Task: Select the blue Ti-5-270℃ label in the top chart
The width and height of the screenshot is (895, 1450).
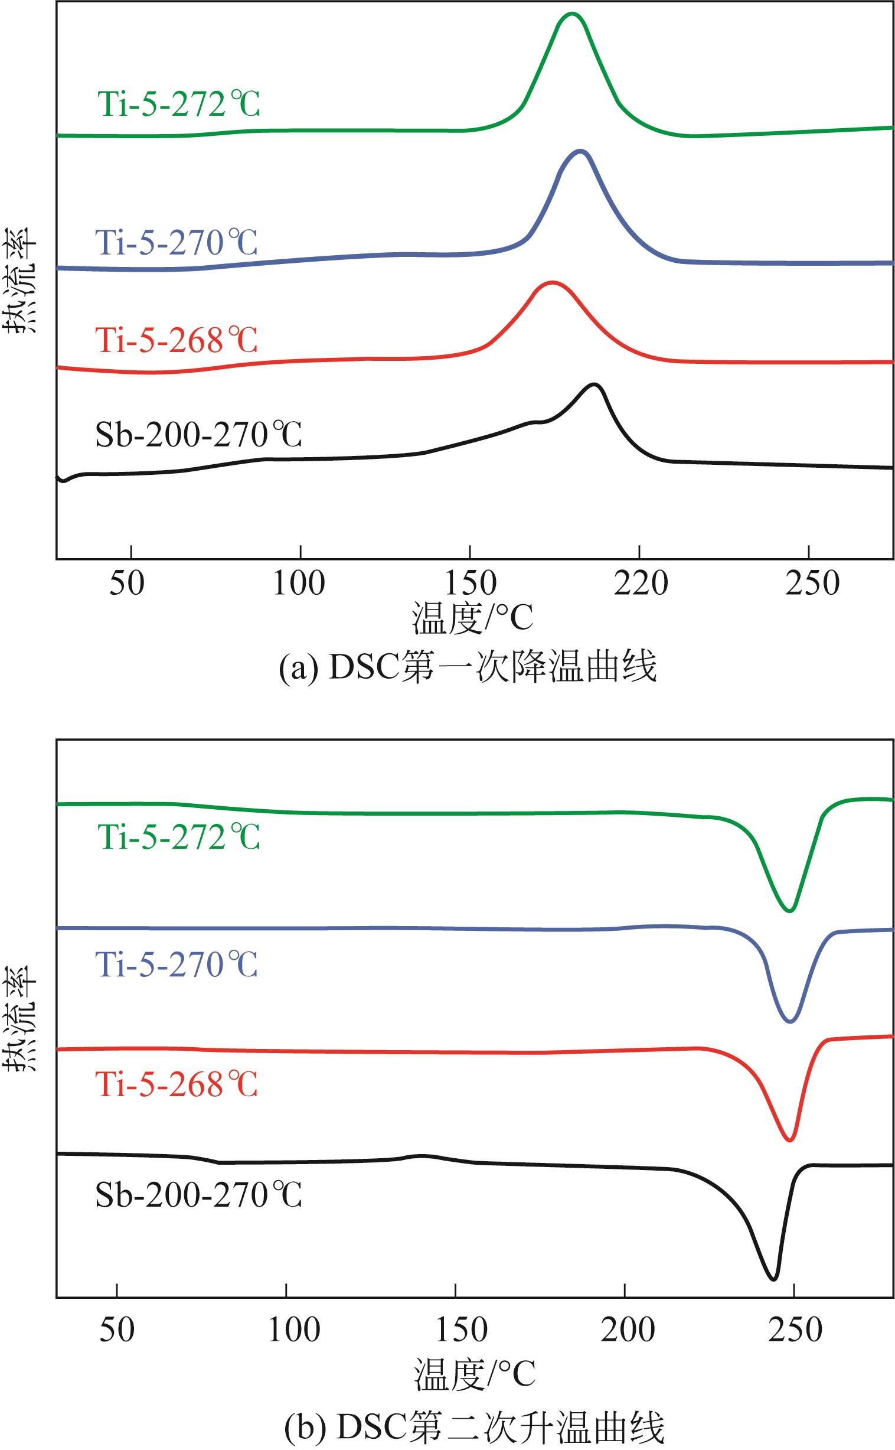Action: coord(177,242)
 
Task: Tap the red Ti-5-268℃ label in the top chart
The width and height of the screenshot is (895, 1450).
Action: coord(177,340)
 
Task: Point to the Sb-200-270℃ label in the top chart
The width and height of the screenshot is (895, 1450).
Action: coord(198,435)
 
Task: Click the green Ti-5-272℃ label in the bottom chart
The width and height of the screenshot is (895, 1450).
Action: coord(179,837)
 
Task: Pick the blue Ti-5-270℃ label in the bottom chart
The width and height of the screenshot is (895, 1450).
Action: coord(177,965)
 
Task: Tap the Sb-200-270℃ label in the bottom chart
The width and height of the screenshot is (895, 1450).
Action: coord(198,1195)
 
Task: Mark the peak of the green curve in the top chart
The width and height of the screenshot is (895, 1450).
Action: coord(572,13)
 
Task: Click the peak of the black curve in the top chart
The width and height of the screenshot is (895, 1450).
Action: coord(595,385)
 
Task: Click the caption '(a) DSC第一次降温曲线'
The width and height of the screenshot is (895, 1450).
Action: coord(468,667)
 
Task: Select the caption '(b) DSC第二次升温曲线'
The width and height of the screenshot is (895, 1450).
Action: coord(474,1428)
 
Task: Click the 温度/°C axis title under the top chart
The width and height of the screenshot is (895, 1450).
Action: coord(472,618)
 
